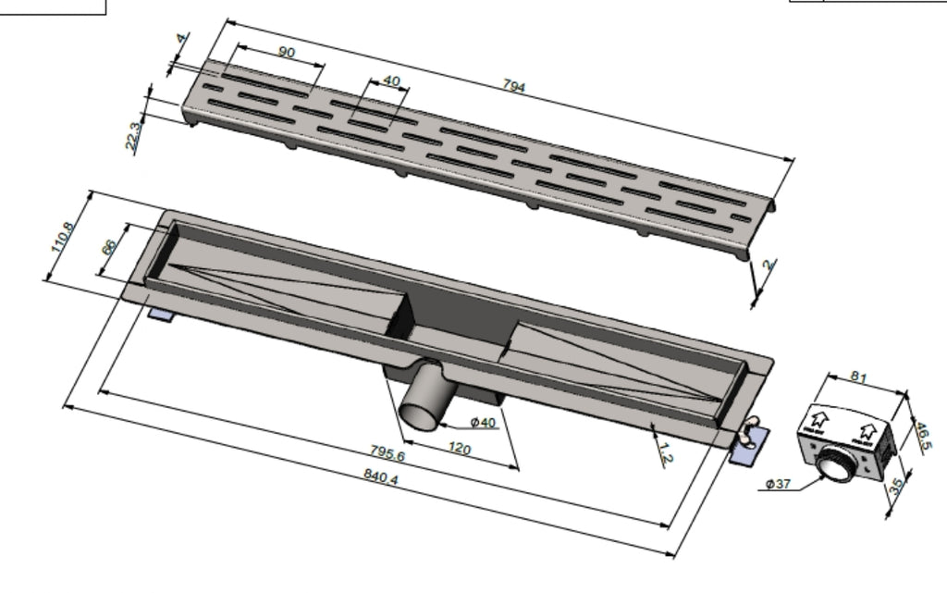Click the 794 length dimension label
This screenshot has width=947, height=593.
(x=514, y=87)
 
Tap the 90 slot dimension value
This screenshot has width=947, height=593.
(x=287, y=53)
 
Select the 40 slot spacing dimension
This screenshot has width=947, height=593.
(x=391, y=81)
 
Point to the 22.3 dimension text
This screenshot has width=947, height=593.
(x=135, y=136)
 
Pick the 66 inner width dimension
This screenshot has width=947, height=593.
(x=108, y=248)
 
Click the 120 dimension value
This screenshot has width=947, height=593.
(x=460, y=450)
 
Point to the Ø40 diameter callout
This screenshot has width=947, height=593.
(x=483, y=423)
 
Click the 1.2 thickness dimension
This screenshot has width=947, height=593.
(x=665, y=452)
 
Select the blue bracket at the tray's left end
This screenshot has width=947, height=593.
(x=162, y=315)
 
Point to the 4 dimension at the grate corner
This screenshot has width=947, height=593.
(x=181, y=41)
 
